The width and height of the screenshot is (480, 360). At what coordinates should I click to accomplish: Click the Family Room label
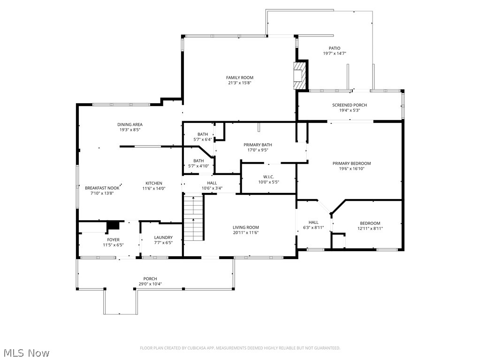coord(239,77)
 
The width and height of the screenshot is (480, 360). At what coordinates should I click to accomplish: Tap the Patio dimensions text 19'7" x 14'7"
coord(335,54)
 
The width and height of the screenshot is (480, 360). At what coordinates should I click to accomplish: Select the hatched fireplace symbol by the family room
coord(299,76)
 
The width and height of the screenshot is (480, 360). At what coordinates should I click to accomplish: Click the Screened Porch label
coord(350,105)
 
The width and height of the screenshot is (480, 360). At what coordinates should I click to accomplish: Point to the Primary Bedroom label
coord(351,163)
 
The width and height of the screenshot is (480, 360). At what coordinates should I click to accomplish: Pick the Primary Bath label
coord(258,145)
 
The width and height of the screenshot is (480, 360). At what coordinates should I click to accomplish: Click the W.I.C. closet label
coord(268,176)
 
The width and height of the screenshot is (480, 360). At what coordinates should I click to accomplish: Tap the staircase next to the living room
coord(193,218)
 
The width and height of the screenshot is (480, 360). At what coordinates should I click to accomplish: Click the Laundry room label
coord(163,237)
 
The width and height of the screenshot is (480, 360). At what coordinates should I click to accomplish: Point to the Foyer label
coord(113,240)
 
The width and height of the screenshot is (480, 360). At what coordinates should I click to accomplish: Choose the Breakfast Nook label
coord(102,188)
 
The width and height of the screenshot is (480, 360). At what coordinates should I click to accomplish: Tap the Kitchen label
coord(154,183)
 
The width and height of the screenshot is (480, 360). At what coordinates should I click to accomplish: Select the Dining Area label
coord(130,124)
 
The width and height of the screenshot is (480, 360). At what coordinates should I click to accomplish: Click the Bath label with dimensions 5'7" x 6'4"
coord(203,134)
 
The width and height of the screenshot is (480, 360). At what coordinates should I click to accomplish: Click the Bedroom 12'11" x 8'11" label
coord(370,223)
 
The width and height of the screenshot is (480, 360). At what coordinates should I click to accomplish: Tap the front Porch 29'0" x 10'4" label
coord(150,279)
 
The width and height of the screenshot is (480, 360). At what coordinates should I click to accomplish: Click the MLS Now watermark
coord(26,352)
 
